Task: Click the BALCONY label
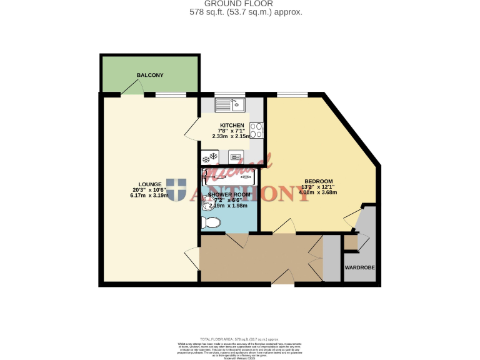[150, 75]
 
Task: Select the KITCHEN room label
[227, 125]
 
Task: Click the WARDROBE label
[360, 267]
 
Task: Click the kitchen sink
[231, 104]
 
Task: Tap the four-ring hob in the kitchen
[256, 130]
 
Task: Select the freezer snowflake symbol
[212, 156]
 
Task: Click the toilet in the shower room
[211, 221]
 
